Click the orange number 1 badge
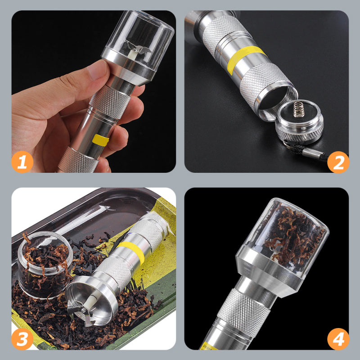[x=22, y=161]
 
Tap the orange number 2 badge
[x=338, y=161]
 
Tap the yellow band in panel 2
[x=245, y=59]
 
